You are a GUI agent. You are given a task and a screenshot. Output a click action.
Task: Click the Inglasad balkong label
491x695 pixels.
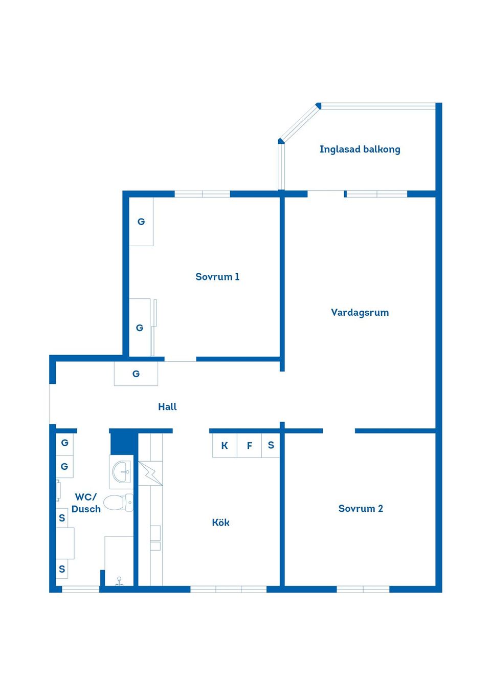point(360,149)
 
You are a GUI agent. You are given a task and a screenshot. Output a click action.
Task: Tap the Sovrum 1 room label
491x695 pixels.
point(217,277)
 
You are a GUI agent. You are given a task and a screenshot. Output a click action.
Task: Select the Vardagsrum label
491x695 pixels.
point(360,313)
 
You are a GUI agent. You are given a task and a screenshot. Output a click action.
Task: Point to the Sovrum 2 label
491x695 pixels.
point(361,509)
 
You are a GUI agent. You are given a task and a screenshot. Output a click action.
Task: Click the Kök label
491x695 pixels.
point(220,523)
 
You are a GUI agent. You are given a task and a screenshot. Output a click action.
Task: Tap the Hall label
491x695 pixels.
point(167,407)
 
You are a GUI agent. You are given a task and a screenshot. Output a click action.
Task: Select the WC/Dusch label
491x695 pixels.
point(86,503)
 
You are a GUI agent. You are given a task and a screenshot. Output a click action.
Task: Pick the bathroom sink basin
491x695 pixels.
point(122,471)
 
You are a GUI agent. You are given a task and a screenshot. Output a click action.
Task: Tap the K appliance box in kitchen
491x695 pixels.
point(225,445)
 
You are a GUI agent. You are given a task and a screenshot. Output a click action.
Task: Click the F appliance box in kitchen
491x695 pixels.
point(249,445)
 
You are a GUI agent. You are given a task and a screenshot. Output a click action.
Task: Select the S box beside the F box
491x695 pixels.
point(271,445)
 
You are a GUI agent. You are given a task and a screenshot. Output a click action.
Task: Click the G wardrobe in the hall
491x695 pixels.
point(136,374)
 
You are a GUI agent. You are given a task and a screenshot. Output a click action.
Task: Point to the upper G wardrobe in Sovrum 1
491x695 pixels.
point(141,222)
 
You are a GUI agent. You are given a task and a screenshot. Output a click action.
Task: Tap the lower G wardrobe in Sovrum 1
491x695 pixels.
point(140,328)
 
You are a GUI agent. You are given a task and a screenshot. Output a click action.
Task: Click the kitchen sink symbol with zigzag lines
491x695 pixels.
point(150,473)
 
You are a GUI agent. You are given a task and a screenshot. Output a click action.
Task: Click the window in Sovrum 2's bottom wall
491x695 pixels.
point(363,590)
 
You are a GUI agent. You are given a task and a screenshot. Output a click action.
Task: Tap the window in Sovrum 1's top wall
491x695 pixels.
point(203,194)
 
